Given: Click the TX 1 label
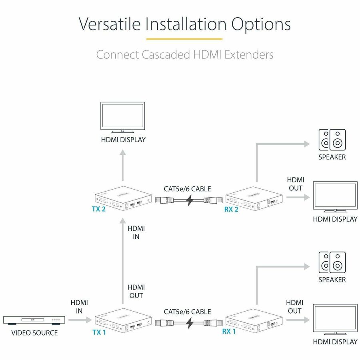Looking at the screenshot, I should [x=99, y=332].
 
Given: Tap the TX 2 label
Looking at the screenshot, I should [x=98, y=209].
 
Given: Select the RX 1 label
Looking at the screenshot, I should [x=229, y=332].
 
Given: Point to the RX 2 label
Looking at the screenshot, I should [x=231, y=209].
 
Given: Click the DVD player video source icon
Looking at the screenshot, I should [x=34, y=320].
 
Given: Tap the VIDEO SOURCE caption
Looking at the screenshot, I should [x=34, y=333].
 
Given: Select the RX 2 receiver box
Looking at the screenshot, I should [x=254, y=198].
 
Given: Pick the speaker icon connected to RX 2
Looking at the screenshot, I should [x=332, y=140].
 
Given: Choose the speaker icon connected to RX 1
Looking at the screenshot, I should [x=332, y=262].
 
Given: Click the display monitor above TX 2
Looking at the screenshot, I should [x=122, y=117].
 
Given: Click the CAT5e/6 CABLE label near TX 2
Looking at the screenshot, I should [x=187, y=189].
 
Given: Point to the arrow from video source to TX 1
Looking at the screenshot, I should [x=78, y=320].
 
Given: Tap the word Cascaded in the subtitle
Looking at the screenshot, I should [x=168, y=54].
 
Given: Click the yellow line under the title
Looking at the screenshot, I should [x=184, y=39].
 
